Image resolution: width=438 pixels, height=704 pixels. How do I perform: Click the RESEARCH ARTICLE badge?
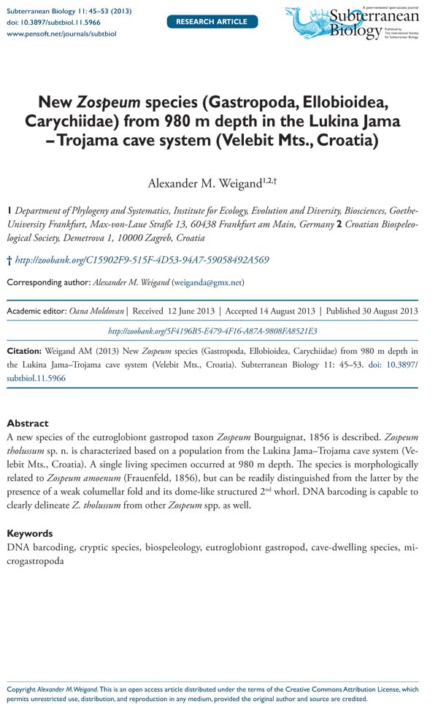pos(212,21)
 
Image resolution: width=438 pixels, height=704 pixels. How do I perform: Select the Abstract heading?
pos(28,422)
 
